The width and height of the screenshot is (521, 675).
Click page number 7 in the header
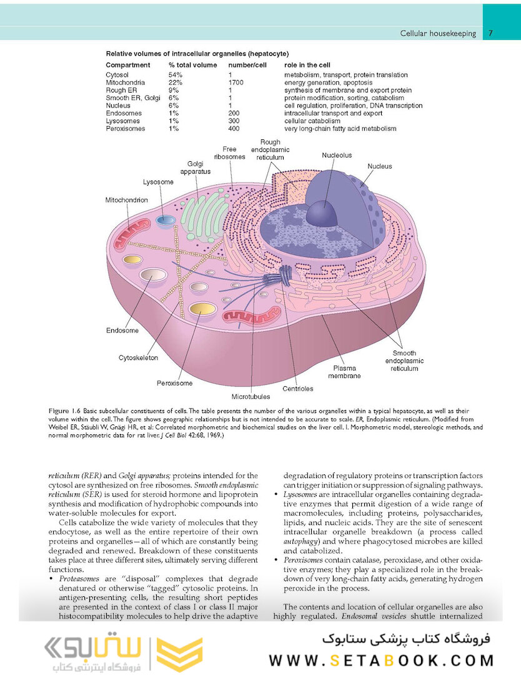[x=491, y=33]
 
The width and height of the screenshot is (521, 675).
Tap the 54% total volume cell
[x=174, y=75]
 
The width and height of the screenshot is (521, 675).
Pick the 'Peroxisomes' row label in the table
[x=126, y=129]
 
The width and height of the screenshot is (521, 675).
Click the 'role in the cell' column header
[x=307, y=65]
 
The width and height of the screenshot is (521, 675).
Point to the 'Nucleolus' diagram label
[x=337, y=154]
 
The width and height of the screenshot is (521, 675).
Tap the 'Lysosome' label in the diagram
[x=158, y=182]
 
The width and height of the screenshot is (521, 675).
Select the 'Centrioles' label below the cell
[x=297, y=389]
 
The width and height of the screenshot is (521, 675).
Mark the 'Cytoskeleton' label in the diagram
[x=138, y=358]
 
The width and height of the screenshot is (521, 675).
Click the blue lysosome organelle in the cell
[x=166, y=219]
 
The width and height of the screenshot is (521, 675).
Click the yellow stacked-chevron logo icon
[x=179, y=650]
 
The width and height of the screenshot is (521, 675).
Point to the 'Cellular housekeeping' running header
[x=438, y=33]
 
